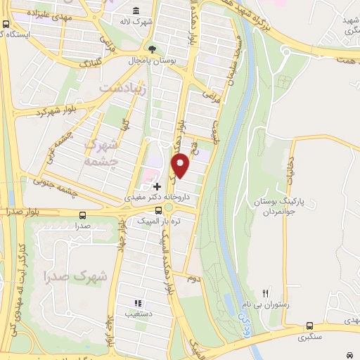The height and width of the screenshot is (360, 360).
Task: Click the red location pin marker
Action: [x=181, y=165]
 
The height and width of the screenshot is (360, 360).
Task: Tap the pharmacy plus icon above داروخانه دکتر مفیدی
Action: [x=157, y=186]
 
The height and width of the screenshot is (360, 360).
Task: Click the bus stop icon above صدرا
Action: [x=84, y=215]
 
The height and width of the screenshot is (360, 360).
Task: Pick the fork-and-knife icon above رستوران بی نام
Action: [x=265, y=293]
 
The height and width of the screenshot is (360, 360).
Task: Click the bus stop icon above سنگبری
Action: [x=309, y=326]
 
